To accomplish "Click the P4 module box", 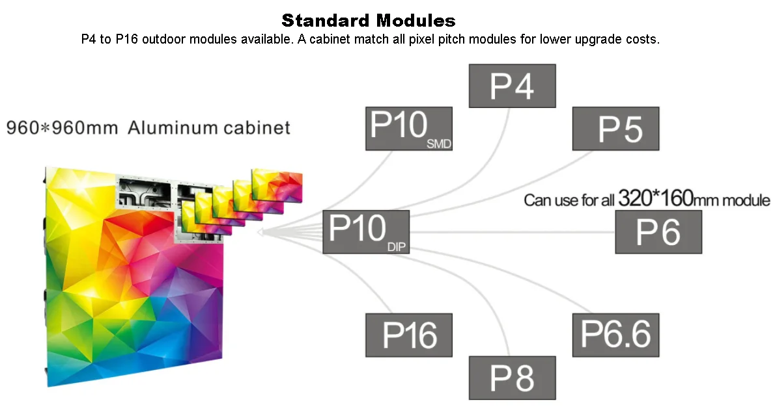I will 512,85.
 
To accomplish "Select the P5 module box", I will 615,129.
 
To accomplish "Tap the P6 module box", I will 658,232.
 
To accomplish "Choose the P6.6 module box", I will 615,335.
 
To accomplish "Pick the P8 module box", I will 512,378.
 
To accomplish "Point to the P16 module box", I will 408,335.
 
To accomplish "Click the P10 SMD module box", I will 408,129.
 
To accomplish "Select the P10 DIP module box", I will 366,231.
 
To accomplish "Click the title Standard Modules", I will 368,20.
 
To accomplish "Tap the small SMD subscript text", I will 438,144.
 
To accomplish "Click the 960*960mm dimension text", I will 63,127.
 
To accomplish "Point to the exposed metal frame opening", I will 145,191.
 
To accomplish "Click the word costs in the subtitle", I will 643,40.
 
